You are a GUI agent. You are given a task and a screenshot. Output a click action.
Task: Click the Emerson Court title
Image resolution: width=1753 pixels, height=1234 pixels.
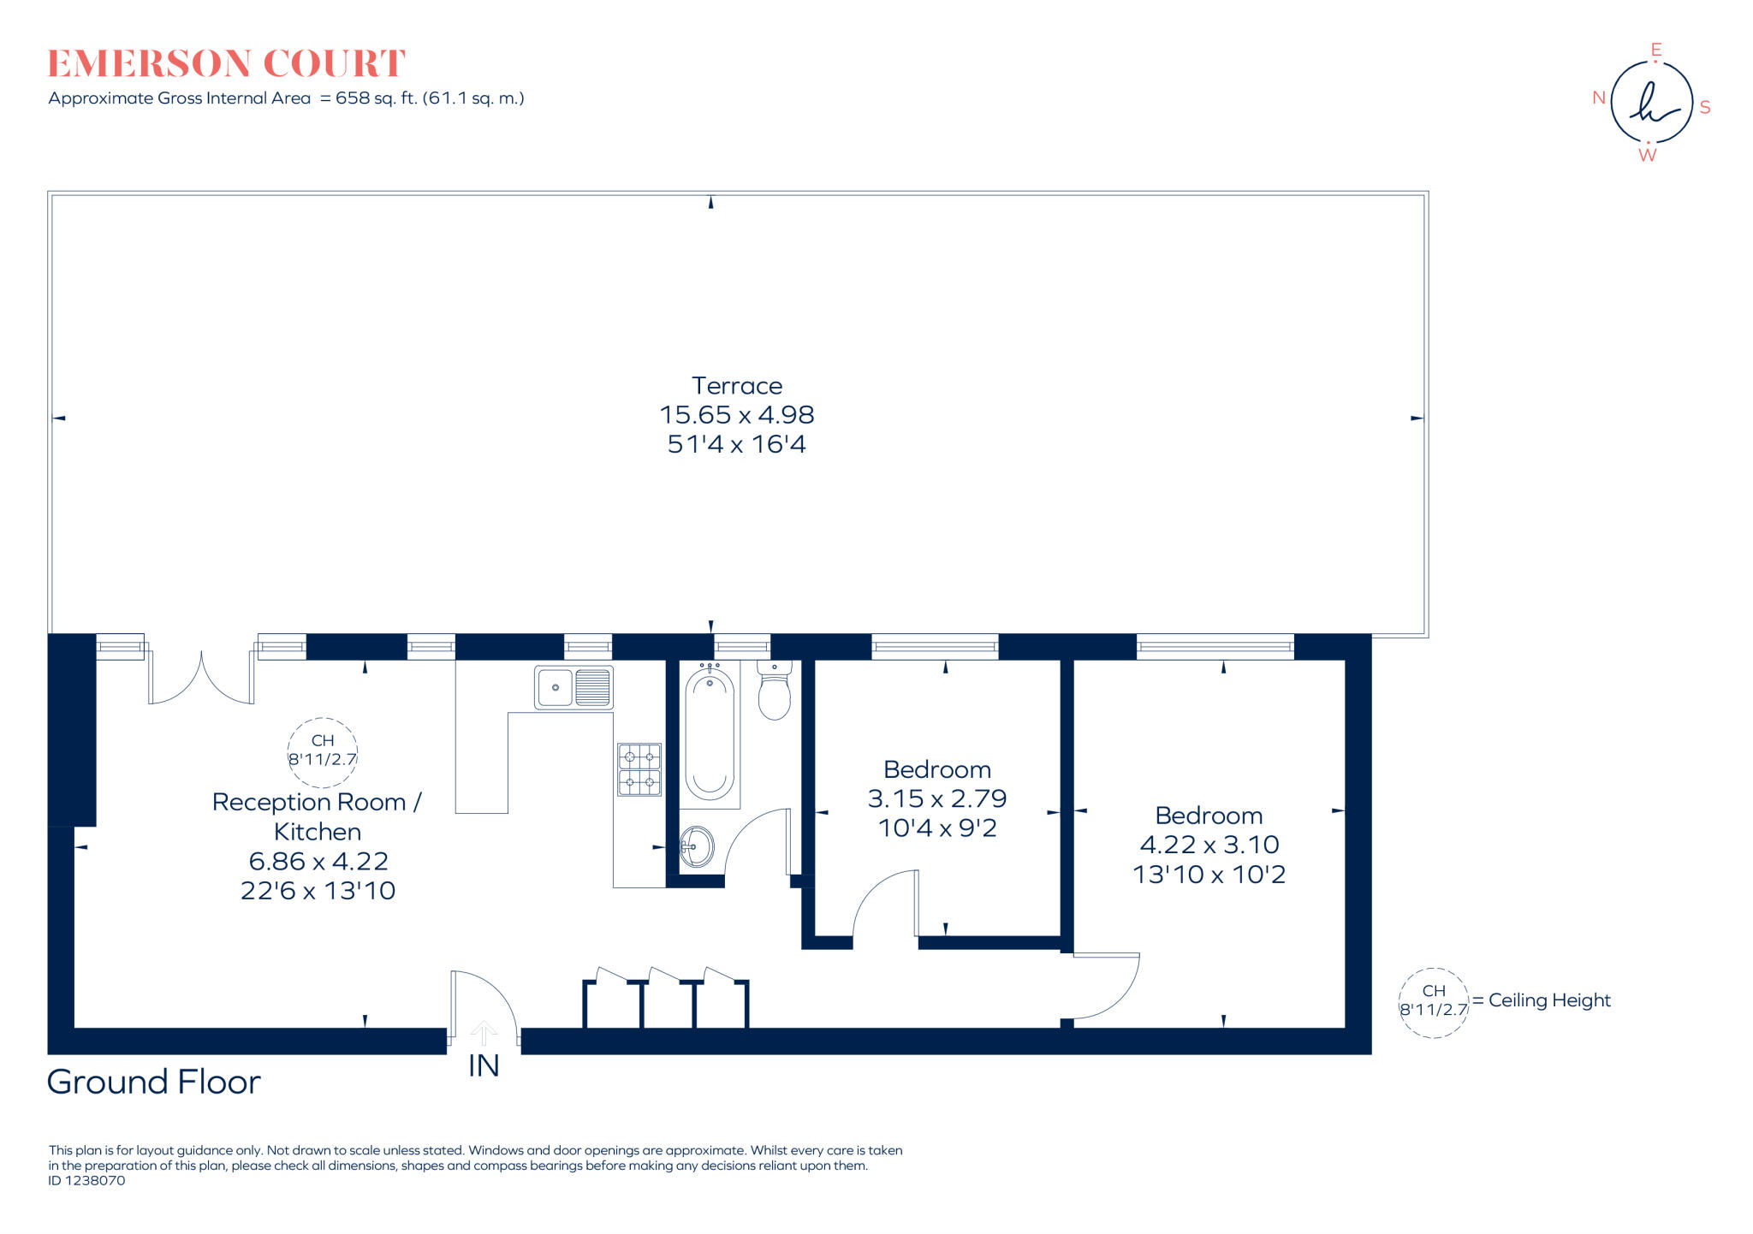pyautogui.click(x=226, y=64)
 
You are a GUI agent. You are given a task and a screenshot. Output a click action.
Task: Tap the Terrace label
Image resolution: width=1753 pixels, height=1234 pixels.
pyautogui.click(x=736, y=386)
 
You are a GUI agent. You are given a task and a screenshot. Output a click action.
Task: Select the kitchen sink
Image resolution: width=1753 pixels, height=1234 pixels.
pyautogui.click(x=573, y=687)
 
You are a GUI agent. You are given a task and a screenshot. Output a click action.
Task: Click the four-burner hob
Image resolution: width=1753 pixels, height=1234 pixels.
pyautogui.click(x=639, y=769)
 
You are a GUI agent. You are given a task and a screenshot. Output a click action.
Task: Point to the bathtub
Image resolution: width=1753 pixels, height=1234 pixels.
pyautogui.click(x=709, y=734)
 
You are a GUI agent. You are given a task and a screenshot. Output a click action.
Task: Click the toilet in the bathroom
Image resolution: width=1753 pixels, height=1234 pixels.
pyautogui.click(x=775, y=692)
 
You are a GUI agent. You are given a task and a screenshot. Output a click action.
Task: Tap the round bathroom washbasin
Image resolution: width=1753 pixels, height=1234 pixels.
pyautogui.click(x=697, y=847)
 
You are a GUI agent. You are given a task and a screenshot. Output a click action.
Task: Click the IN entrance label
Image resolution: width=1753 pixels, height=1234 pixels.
pyautogui.click(x=484, y=1066)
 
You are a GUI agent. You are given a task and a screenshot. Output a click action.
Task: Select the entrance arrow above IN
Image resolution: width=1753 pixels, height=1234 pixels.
pyautogui.click(x=484, y=1033)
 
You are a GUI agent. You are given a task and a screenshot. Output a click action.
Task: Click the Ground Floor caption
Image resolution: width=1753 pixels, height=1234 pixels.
pyautogui.click(x=153, y=1083)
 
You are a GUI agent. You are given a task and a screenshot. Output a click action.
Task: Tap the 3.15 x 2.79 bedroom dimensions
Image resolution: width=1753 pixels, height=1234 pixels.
pyautogui.click(x=937, y=798)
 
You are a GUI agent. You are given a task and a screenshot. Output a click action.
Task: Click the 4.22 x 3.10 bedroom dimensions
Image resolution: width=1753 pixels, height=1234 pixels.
pyautogui.click(x=1209, y=845)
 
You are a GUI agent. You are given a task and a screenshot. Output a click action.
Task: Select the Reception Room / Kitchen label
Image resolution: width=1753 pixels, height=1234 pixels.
pyautogui.click(x=317, y=816)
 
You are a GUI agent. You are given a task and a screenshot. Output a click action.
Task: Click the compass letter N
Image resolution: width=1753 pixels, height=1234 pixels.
pyautogui.click(x=1598, y=98)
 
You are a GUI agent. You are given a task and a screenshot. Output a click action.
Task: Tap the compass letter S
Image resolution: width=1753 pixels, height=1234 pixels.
pyautogui.click(x=1705, y=108)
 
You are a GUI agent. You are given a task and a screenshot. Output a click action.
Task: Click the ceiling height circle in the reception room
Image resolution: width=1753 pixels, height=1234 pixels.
pyautogui.click(x=322, y=751)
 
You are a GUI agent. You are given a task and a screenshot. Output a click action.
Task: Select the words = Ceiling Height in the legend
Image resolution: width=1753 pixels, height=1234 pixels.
pyautogui.click(x=1542, y=1000)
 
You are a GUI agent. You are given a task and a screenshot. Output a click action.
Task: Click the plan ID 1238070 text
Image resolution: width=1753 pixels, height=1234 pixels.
pyautogui.click(x=86, y=1181)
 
